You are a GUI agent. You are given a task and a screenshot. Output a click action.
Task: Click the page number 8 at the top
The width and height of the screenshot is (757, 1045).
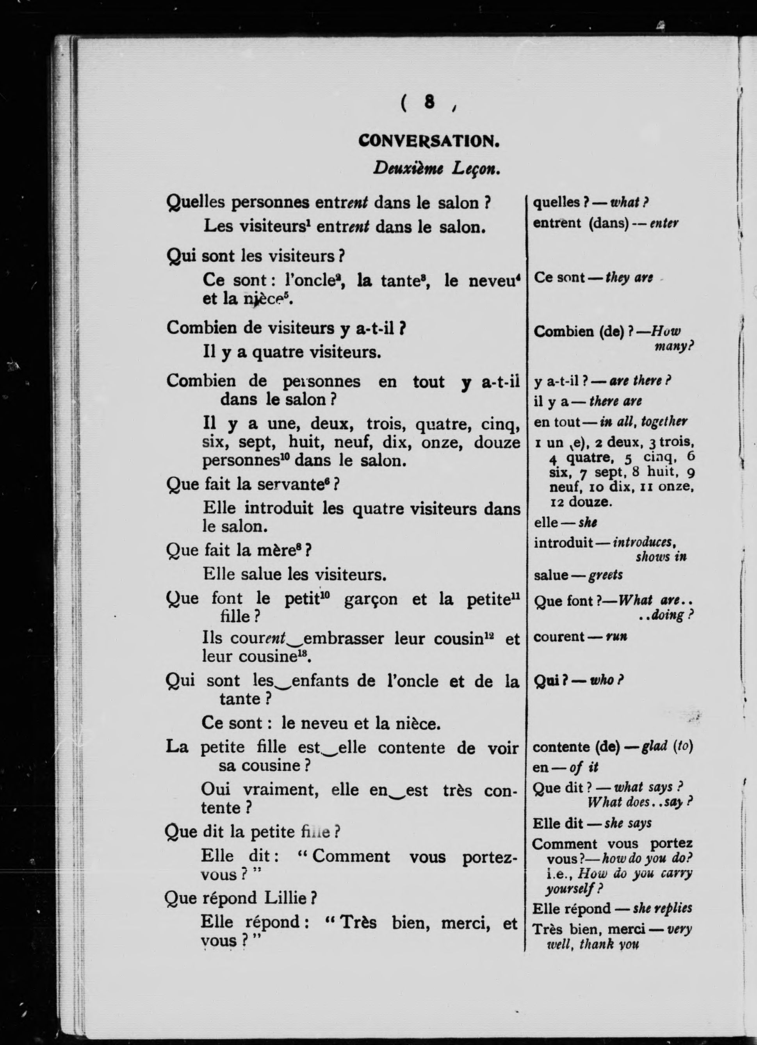click(x=429, y=102)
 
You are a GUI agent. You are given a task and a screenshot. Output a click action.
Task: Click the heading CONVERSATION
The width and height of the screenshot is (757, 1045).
click(x=429, y=141)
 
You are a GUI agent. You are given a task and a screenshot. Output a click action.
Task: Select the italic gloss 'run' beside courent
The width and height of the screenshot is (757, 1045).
click(x=616, y=637)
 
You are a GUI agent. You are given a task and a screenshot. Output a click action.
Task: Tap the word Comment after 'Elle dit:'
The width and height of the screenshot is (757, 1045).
click(x=351, y=856)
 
